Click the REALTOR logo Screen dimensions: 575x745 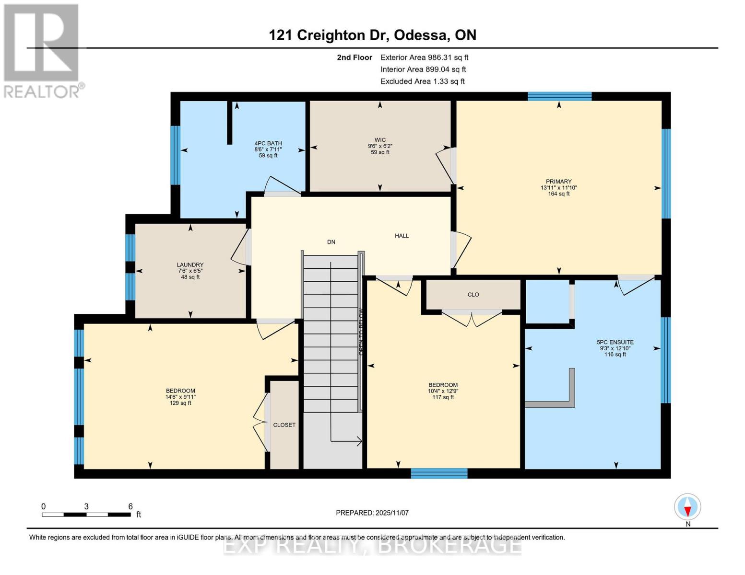click(42, 50)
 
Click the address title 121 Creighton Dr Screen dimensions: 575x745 click(372, 35)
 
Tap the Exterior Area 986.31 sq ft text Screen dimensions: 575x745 click(424, 57)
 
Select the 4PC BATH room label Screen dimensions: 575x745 click(268, 143)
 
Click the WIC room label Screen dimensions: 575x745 click(380, 140)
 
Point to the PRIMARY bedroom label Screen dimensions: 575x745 click(558, 182)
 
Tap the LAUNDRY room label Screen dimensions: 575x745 click(190, 265)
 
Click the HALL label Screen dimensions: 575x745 click(402, 236)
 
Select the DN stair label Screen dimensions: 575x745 click(331, 242)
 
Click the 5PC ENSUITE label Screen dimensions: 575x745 click(615, 342)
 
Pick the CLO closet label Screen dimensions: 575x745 click(473, 295)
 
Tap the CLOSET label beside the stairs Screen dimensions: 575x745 click(284, 425)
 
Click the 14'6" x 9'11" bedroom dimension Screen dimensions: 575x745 click(180, 397)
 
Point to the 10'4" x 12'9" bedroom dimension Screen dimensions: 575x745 click(443, 391)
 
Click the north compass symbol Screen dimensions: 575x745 click(687, 507)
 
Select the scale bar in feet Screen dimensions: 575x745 click(86, 515)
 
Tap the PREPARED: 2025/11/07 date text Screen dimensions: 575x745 click(372, 513)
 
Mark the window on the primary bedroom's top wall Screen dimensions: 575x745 click(559, 96)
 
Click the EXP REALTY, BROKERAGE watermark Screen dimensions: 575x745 click(372, 546)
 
